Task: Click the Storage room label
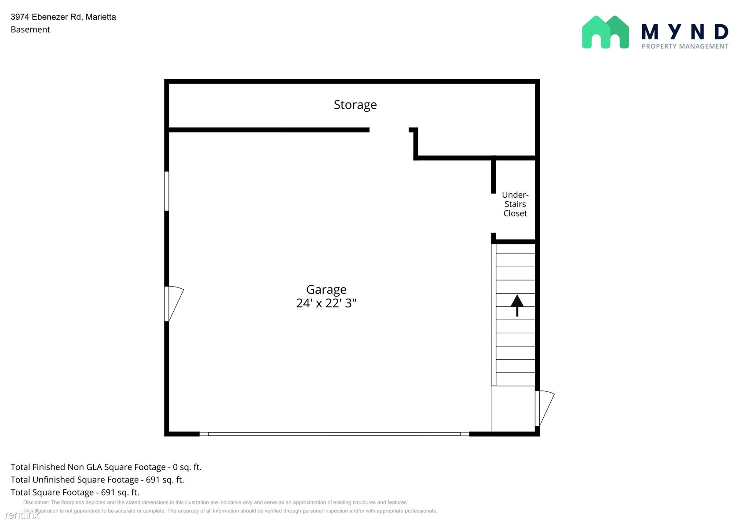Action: pyautogui.click(x=355, y=105)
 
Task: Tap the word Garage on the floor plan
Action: pyautogui.click(x=326, y=290)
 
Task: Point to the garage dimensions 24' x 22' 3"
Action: pyautogui.click(x=326, y=303)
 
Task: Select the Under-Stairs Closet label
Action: pyautogui.click(x=515, y=204)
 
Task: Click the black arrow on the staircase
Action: pyautogui.click(x=517, y=306)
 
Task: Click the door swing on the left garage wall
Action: pyautogui.click(x=174, y=304)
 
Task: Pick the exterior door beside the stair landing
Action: pyautogui.click(x=545, y=408)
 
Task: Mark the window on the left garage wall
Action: pyautogui.click(x=167, y=191)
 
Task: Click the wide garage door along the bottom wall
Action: pyautogui.click(x=334, y=434)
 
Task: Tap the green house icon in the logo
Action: pyautogui.click(x=605, y=33)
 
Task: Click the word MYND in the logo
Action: pyautogui.click(x=685, y=32)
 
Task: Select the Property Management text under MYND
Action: pyautogui.click(x=685, y=47)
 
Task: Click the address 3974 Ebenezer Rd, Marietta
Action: pyautogui.click(x=63, y=17)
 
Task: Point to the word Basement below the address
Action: pyautogui.click(x=30, y=29)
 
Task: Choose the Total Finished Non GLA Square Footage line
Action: pyautogui.click(x=106, y=467)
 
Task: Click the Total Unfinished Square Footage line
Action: pyautogui.click(x=97, y=479)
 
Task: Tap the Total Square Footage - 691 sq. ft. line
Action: pyautogui.click(x=75, y=492)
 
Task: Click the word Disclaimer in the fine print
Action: pyautogui.click(x=36, y=502)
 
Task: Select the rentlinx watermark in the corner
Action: pyautogui.click(x=22, y=514)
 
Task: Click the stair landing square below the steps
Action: pyautogui.click(x=513, y=409)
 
